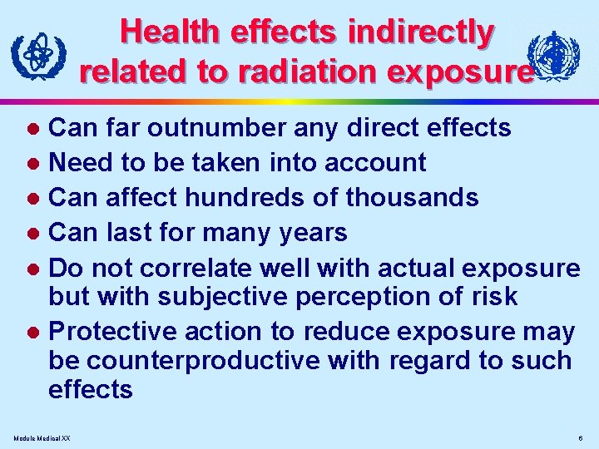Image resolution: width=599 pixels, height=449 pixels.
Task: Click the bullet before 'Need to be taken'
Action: [33, 163]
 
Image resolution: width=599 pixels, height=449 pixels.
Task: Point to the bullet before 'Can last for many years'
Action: [33, 233]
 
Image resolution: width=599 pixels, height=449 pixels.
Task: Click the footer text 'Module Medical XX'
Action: [43, 437]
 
